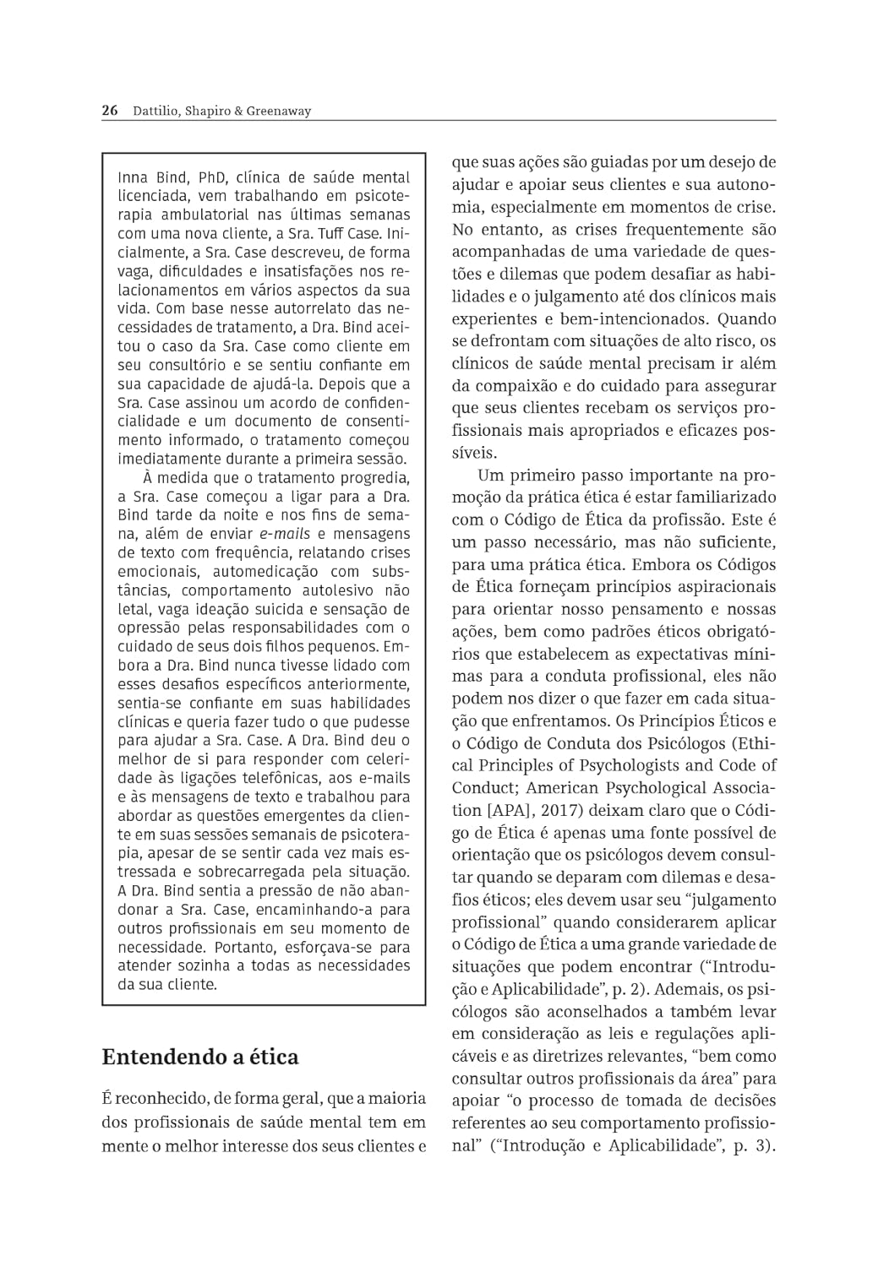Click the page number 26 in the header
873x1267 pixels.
pos(109,111)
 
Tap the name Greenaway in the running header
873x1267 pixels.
pos(279,111)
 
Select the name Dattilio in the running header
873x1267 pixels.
pos(155,111)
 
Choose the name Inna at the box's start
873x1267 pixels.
pos(132,178)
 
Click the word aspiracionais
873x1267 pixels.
pos(722,587)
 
